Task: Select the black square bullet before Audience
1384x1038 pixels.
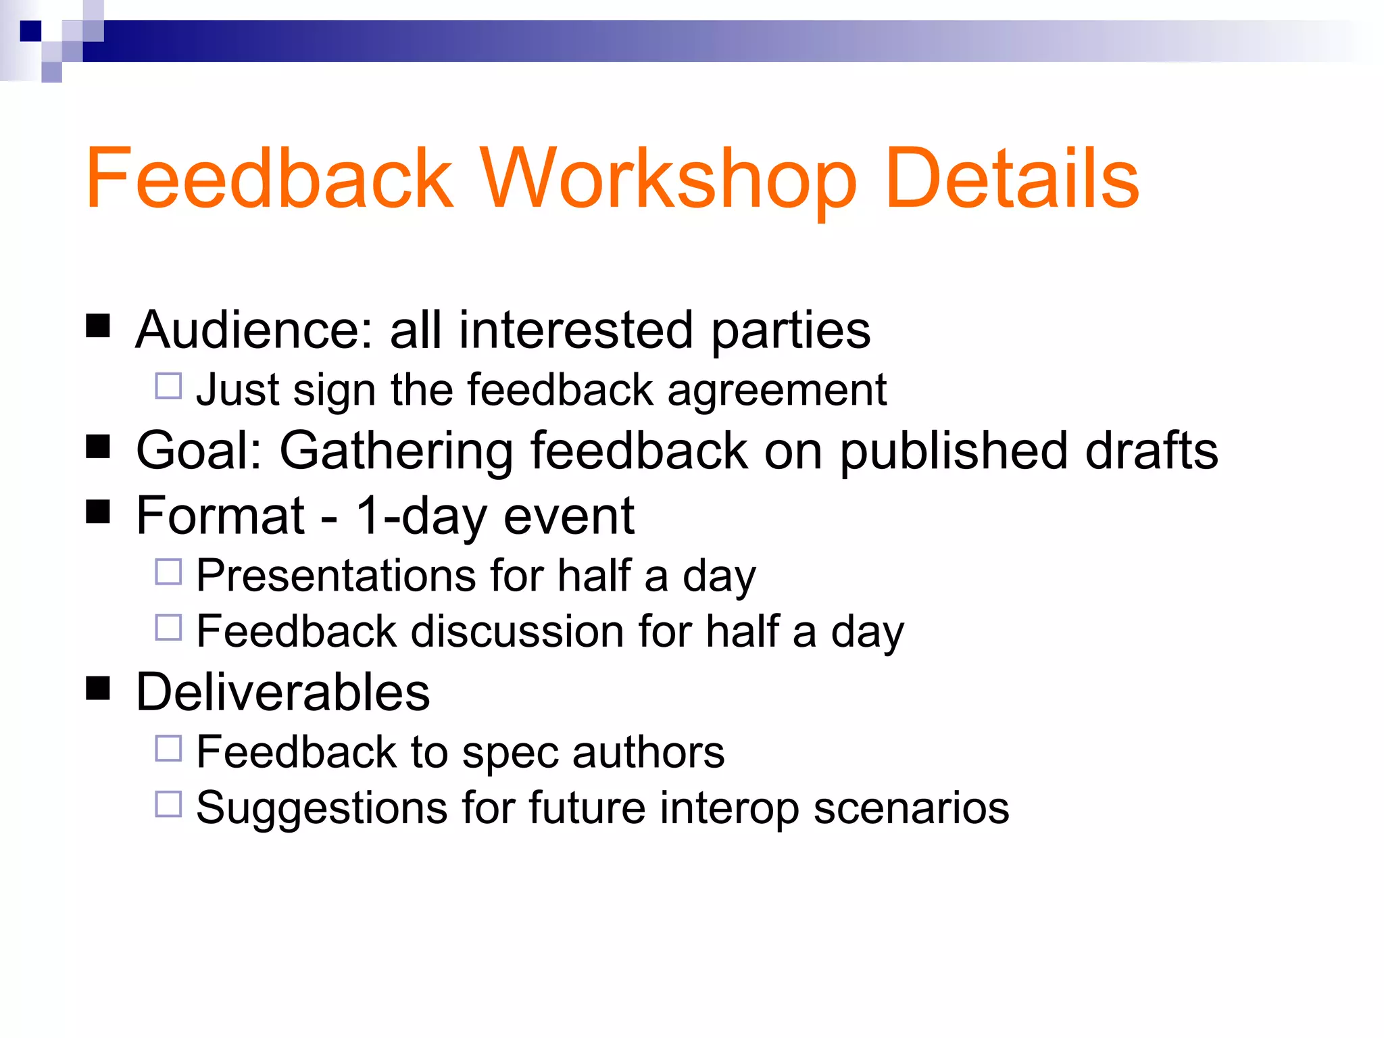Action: (x=99, y=326)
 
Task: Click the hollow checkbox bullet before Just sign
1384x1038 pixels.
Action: (x=168, y=387)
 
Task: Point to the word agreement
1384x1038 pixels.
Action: (x=776, y=391)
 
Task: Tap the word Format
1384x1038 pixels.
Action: (x=220, y=516)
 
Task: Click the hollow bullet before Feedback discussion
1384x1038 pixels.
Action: (x=168, y=627)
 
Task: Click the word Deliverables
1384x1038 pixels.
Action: (x=282, y=693)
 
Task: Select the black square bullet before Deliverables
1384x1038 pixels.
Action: (x=99, y=689)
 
